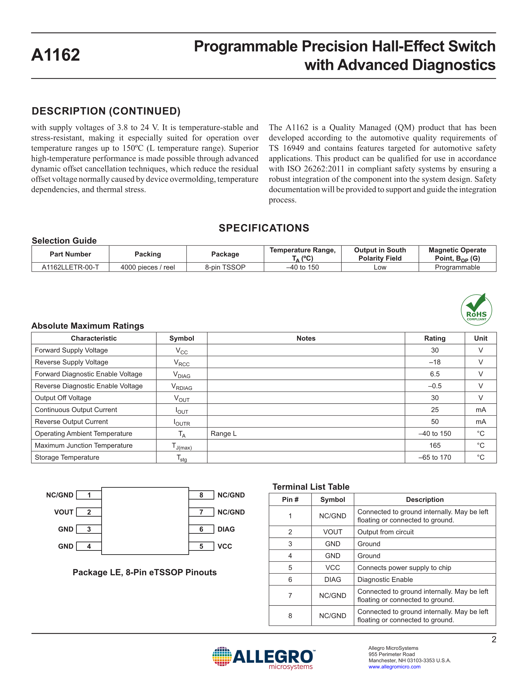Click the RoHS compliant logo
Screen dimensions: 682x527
click(x=476, y=310)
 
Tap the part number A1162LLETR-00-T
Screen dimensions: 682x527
click(x=70, y=267)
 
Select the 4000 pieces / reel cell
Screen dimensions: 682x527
click(x=148, y=267)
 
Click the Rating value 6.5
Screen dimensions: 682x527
click(x=435, y=374)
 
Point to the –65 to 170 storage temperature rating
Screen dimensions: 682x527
click(x=435, y=458)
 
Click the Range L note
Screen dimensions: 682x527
click(x=224, y=434)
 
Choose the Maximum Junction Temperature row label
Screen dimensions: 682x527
click(x=84, y=446)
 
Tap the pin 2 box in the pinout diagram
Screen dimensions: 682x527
click(x=89, y=512)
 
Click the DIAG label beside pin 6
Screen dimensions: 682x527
click(x=226, y=529)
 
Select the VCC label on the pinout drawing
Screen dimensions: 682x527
click(x=225, y=546)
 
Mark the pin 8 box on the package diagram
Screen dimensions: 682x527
click(x=201, y=495)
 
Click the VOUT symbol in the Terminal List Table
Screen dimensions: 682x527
click(x=333, y=532)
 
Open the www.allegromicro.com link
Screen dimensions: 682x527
click(x=394, y=667)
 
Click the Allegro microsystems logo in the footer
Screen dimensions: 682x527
click(x=264, y=658)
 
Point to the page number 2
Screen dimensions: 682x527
click(x=494, y=640)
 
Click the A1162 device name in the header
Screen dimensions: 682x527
click(x=56, y=55)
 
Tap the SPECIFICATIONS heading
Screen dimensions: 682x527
click(x=264, y=228)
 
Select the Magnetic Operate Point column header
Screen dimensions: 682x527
click(x=457, y=254)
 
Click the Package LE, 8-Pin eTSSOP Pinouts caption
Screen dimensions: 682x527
click(x=144, y=572)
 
